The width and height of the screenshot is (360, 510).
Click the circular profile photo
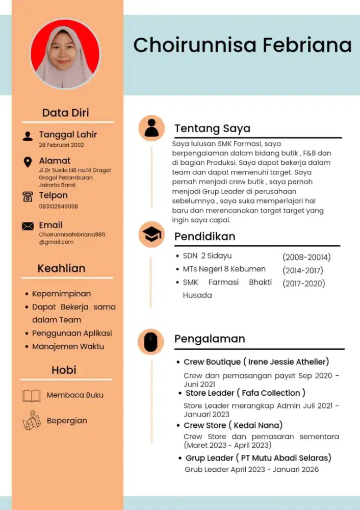point(65,54)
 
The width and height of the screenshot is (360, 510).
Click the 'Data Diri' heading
point(65,113)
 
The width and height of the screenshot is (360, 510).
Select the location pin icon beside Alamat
point(28,162)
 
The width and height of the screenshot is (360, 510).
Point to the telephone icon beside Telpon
point(28,197)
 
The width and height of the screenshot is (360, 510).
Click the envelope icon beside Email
point(28,226)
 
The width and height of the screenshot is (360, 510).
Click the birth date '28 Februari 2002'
point(62,145)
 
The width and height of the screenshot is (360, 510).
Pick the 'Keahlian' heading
point(61,268)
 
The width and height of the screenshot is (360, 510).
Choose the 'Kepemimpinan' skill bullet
point(61,294)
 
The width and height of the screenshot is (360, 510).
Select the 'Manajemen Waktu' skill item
point(68,346)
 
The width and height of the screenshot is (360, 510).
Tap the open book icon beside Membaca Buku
point(32,396)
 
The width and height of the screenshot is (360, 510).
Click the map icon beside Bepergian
point(32,421)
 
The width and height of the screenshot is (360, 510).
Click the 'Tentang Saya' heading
point(212,128)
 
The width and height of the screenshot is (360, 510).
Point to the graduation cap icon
point(151,235)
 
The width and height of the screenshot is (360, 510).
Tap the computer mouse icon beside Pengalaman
point(151,342)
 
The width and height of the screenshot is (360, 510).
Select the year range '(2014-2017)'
point(303,270)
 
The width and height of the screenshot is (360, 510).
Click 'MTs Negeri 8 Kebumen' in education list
point(224,269)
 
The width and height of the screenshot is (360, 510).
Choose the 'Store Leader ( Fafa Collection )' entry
point(245,393)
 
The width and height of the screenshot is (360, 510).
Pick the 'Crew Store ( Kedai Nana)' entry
point(233,425)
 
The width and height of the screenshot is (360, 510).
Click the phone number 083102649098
point(58,207)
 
